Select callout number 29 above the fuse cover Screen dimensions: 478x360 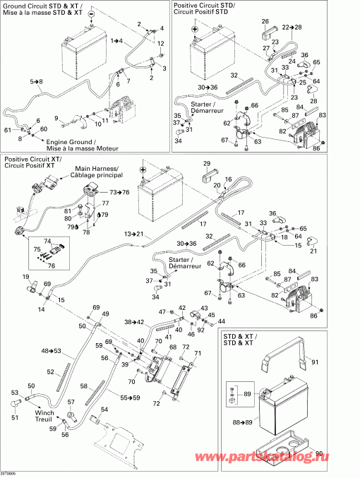(x=207, y=164)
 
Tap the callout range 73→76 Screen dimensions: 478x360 (x=119, y=192)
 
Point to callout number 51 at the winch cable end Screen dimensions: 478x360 (x=14, y=417)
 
